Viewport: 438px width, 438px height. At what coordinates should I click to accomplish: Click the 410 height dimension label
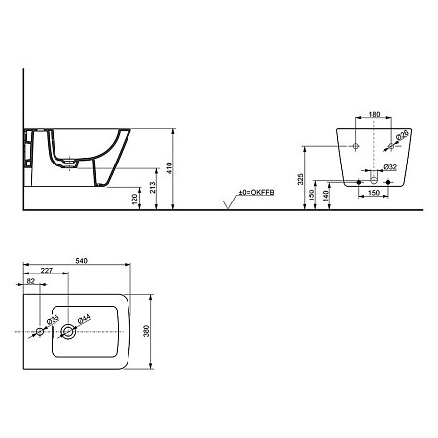pos(169,168)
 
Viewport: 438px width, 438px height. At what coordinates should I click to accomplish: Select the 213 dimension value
pos(153,187)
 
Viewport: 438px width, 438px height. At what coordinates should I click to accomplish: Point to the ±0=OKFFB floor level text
pos(257,193)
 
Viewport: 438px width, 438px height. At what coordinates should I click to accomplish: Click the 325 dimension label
pos(300,179)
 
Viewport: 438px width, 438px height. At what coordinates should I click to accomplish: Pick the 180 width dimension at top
pos(374,114)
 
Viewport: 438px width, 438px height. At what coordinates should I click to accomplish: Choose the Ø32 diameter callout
pos(390,167)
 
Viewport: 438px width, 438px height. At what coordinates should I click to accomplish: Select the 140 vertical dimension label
pos(326,195)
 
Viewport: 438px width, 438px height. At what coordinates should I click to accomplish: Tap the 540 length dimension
pos(81,261)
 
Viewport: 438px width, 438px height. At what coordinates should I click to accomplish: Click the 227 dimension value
pos(47,270)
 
